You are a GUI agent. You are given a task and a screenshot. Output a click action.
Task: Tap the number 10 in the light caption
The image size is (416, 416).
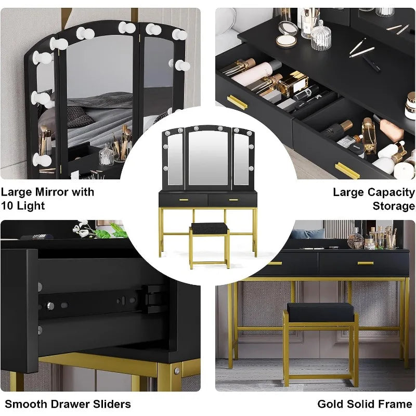click(7, 206)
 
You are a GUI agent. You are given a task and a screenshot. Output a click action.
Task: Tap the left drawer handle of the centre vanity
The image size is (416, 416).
click(184, 200)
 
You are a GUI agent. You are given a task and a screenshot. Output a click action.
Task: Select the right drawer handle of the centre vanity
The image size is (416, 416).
click(233, 200)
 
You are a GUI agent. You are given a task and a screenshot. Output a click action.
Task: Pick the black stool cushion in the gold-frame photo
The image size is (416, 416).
click(320, 313)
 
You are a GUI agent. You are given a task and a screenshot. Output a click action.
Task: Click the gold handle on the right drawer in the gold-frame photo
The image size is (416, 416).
click(366, 263)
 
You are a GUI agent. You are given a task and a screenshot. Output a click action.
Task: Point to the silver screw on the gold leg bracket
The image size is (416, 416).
click(177, 371)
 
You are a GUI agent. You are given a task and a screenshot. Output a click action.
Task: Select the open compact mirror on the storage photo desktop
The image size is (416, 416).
click(287, 34)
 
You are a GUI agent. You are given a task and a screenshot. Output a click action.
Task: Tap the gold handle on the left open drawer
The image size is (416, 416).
click(237, 102)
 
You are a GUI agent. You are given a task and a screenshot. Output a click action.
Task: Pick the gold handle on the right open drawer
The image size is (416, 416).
click(347, 171)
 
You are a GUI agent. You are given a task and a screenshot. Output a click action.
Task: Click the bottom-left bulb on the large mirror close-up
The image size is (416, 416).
click(42, 160)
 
